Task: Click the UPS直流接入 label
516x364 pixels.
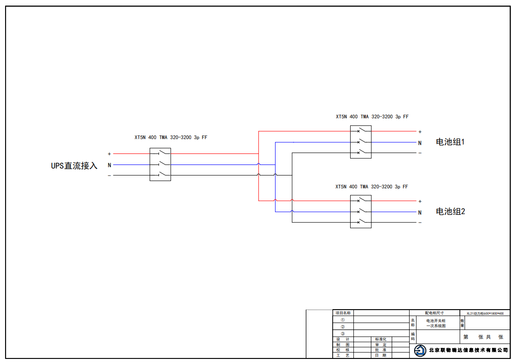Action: point(74,165)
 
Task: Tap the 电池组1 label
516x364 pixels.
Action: point(450,142)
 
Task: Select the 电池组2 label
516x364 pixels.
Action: point(450,211)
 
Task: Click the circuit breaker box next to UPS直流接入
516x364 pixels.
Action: point(160,164)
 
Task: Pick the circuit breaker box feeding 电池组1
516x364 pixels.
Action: point(361,142)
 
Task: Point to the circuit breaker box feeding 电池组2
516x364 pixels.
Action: point(361,211)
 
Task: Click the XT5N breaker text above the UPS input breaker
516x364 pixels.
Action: point(171,137)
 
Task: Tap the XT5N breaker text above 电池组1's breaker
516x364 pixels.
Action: point(372,117)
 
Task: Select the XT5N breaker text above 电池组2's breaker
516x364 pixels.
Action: point(371,187)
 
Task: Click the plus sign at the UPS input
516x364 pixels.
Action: point(109,154)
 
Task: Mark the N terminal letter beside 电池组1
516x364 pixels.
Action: point(420,143)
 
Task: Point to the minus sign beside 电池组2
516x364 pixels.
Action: point(420,223)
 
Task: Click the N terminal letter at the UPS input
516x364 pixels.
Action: point(109,165)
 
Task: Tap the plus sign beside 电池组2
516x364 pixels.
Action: point(420,201)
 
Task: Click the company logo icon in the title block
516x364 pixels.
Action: point(420,351)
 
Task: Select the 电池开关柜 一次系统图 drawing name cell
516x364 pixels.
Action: point(436,323)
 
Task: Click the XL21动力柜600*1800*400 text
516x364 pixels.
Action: point(485,313)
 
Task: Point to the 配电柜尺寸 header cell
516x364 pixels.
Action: point(434,313)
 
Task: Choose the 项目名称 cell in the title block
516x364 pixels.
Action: point(343,313)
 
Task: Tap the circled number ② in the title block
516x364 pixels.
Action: point(343,327)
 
